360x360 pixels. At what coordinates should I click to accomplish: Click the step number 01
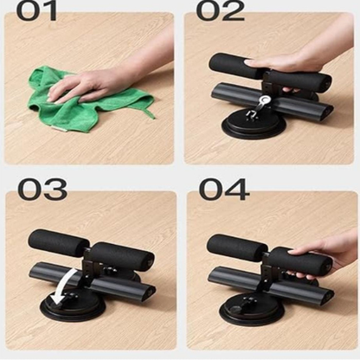point(36,11)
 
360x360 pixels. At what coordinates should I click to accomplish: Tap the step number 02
point(220,11)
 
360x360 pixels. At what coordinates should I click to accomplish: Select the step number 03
point(42,189)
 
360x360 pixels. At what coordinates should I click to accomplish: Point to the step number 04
point(224,189)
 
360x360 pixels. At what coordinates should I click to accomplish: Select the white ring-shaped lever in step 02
point(264,101)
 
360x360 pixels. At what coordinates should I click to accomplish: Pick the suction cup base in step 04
point(251,309)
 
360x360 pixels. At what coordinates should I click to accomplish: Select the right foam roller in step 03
point(122,257)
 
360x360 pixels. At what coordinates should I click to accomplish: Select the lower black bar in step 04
point(271,284)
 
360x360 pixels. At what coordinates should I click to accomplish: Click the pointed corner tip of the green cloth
point(154,118)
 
